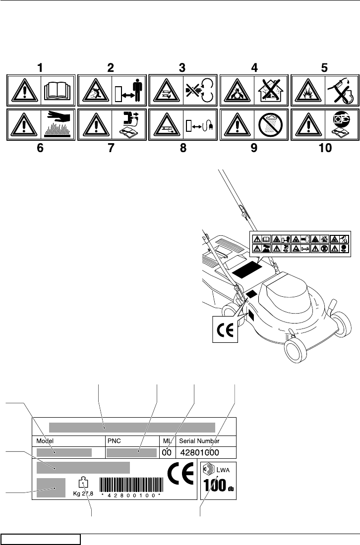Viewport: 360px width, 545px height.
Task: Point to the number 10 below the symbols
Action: [x=324, y=148]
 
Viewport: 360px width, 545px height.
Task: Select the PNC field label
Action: [x=115, y=440]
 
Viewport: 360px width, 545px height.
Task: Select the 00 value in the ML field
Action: [x=168, y=452]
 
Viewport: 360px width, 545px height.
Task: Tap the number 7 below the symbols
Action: [x=112, y=148]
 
